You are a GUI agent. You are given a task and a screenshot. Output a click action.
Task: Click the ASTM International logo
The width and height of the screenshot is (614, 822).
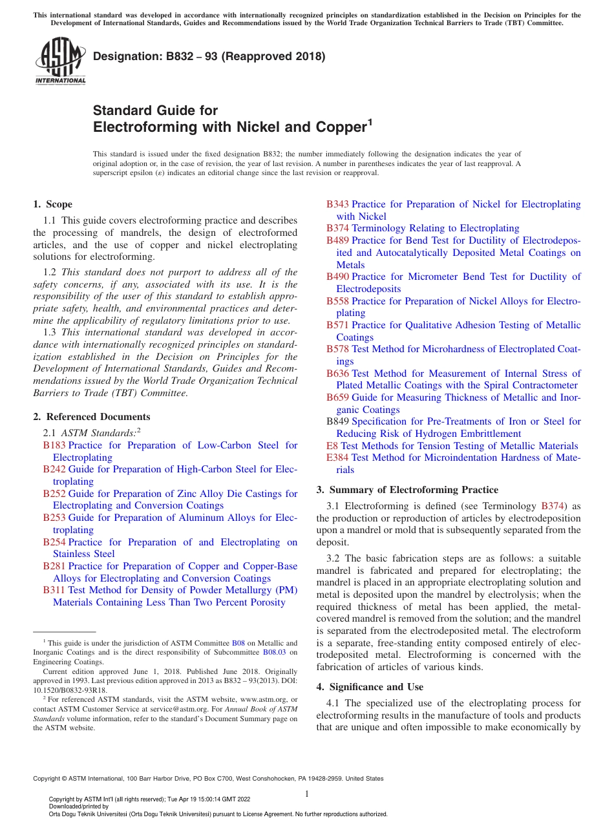click(x=60, y=62)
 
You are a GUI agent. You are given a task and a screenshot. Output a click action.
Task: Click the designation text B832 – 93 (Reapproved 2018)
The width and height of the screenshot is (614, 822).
click(x=209, y=56)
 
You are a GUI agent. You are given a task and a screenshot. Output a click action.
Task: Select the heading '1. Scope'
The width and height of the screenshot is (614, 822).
click(x=52, y=204)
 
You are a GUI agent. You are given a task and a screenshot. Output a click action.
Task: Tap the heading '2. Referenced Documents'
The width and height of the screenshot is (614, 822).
click(x=91, y=417)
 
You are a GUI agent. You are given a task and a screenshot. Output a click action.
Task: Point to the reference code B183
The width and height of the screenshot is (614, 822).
click(x=54, y=445)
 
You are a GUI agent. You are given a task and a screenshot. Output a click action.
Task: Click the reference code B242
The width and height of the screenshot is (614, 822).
click(x=54, y=469)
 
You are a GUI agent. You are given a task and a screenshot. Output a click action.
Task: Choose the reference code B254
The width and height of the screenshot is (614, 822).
click(x=54, y=542)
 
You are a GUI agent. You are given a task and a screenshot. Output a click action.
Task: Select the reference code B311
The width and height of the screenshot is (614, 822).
click(x=54, y=590)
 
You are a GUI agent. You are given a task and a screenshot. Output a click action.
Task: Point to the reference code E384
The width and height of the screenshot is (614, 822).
click(x=337, y=458)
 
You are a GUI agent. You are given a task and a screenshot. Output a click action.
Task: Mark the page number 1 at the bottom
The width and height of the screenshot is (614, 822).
click(x=307, y=794)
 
